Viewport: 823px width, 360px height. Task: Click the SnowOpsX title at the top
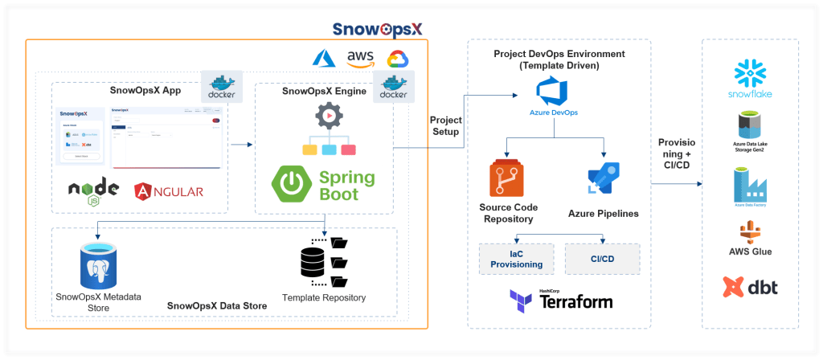pyautogui.click(x=379, y=29)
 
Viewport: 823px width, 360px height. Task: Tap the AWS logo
pyautogui.click(x=360, y=59)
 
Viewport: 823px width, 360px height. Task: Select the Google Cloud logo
pyautogui.click(x=398, y=59)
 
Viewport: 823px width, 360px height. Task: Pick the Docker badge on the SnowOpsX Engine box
pyautogui.click(x=393, y=85)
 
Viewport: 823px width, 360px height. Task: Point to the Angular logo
pyautogui.click(x=169, y=190)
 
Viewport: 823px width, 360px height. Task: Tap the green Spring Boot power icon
pyautogui.click(x=293, y=184)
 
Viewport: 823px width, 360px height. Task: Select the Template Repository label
pyautogui.click(x=324, y=297)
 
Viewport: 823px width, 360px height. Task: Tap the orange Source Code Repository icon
pyautogui.click(x=507, y=179)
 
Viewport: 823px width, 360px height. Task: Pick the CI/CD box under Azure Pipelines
pyautogui.click(x=602, y=258)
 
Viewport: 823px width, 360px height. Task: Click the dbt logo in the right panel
pyautogui.click(x=750, y=287)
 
